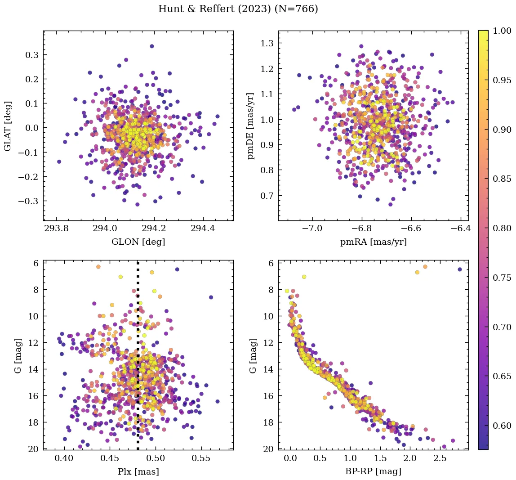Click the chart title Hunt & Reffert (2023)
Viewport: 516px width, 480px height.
pos(238,9)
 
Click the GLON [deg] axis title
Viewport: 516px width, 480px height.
pos(138,242)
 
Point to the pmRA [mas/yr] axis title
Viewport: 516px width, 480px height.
pos(373,242)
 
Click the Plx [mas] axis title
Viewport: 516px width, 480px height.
pos(138,471)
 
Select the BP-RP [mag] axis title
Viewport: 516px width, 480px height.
pos(373,471)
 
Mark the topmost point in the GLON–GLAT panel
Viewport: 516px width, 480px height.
pos(152,46)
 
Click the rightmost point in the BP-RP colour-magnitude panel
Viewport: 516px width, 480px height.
pos(460,269)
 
